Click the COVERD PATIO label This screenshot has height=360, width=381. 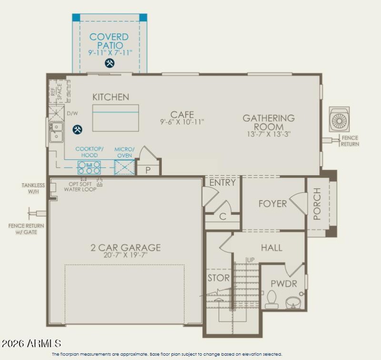[x=109, y=41]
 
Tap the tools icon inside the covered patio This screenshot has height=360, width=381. [x=110, y=63]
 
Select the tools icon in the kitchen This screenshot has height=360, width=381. [x=77, y=129]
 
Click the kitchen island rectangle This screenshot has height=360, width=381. [x=116, y=118]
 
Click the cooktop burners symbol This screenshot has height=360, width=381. [x=89, y=167]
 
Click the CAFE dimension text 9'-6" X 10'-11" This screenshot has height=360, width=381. [x=182, y=122]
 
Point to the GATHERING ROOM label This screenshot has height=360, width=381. [x=269, y=122]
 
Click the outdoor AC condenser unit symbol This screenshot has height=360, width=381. [x=339, y=120]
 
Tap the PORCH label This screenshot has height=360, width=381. [x=317, y=204]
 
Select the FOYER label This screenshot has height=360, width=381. [x=272, y=204]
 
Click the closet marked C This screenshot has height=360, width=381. [x=222, y=216]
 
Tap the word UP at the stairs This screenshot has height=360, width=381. [x=250, y=260]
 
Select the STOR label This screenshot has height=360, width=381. [x=219, y=278]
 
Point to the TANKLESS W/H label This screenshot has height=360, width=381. [x=33, y=188]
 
